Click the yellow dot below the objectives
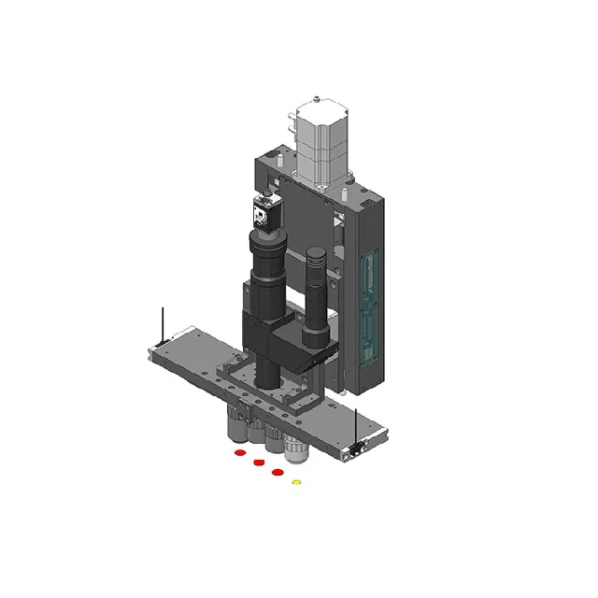[x=297, y=482]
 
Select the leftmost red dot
[x=239, y=453]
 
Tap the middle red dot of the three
[x=258, y=463]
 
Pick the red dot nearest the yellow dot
[x=278, y=473]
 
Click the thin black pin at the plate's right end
[x=357, y=425]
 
